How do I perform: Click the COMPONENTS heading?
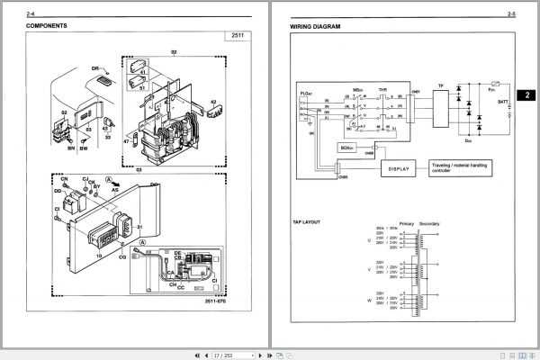[47, 27]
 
